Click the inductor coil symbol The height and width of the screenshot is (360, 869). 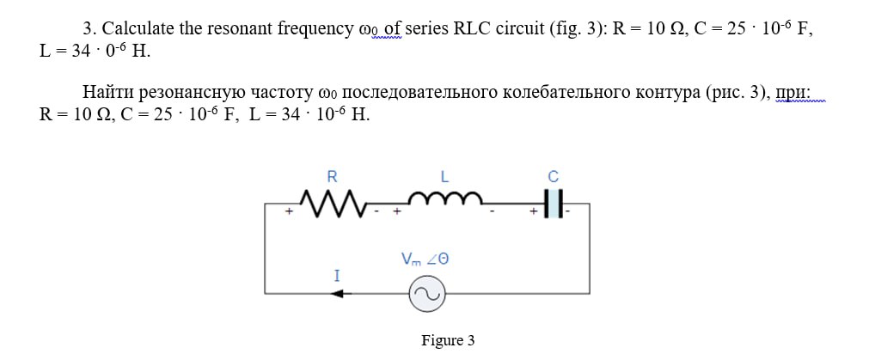[444, 202]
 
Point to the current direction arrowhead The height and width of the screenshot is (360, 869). [337, 294]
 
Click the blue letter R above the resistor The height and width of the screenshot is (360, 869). [332, 177]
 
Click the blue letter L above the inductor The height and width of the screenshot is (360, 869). [444, 177]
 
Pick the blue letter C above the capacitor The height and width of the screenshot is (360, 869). [553, 177]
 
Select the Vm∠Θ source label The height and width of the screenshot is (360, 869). [425, 259]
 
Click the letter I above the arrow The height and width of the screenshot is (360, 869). [337, 276]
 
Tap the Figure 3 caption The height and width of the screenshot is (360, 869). [448, 341]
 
